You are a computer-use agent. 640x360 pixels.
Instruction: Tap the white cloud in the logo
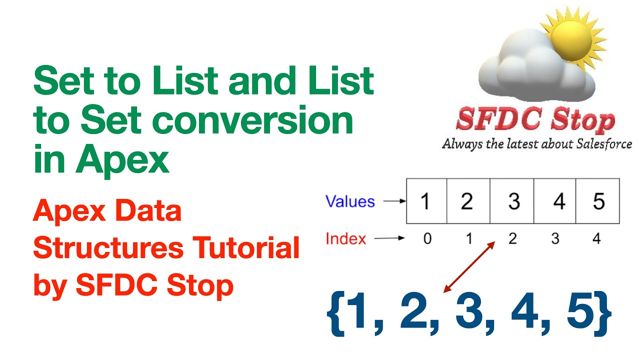point(530,70)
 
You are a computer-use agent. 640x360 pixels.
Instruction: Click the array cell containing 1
point(426,201)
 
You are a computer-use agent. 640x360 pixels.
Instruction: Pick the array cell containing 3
point(512,201)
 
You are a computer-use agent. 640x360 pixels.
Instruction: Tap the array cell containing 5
point(598,201)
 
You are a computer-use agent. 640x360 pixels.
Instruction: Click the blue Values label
point(350,201)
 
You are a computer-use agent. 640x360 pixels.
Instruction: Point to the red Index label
point(345,239)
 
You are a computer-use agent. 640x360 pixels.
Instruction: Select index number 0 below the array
point(427,239)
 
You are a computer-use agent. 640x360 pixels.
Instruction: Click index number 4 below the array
point(596,239)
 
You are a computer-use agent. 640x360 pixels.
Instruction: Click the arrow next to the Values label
point(394,202)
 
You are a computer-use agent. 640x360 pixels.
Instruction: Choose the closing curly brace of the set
point(602,312)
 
